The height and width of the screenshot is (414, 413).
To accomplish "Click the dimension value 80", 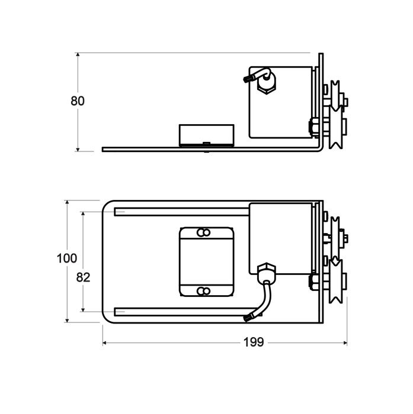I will (x=78, y=101).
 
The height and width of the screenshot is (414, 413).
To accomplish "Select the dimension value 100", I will (x=66, y=258).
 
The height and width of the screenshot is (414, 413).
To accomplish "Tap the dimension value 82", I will (x=83, y=277).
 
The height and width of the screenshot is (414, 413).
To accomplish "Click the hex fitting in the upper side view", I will (x=267, y=85).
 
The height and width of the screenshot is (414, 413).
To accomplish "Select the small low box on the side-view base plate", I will (x=206, y=134).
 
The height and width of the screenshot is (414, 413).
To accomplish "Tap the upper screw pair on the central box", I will (x=203, y=232).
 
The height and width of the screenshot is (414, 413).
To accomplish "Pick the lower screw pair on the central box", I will (x=203, y=290).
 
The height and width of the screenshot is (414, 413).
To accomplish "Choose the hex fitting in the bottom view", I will (x=267, y=273).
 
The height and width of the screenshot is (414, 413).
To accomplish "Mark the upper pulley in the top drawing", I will (x=336, y=96).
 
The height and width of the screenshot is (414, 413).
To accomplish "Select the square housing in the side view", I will (x=281, y=101).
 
